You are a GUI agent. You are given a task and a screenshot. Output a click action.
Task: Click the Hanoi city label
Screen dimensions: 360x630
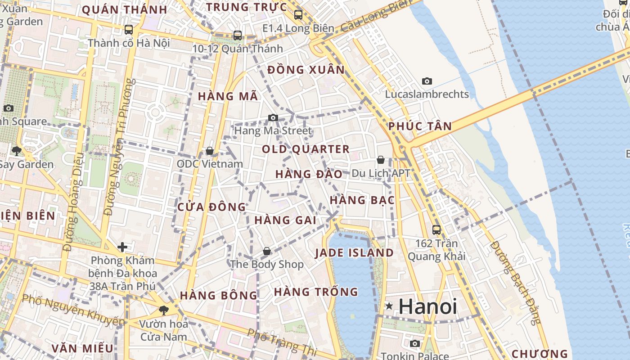click(x=427, y=307)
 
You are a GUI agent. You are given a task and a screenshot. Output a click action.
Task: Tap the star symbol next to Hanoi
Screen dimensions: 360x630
click(x=389, y=306)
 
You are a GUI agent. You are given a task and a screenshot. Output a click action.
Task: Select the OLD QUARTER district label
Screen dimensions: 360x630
click(x=306, y=149)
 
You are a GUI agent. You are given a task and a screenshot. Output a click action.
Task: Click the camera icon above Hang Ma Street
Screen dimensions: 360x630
click(x=273, y=118)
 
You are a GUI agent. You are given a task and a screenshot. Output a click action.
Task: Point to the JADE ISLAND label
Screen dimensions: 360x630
click(x=354, y=253)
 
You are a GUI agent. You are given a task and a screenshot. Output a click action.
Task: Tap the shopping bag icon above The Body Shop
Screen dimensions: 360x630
click(x=267, y=251)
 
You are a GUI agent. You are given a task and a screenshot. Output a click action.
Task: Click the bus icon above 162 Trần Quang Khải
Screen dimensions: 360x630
click(x=436, y=230)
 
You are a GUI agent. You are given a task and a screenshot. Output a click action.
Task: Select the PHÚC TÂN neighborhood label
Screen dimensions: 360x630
click(x=420, y=126)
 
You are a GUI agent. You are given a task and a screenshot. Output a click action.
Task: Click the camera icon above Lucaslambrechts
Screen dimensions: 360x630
click(x=427, y=81)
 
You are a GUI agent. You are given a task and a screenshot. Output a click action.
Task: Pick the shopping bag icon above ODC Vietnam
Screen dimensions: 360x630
click(x=209, y=151)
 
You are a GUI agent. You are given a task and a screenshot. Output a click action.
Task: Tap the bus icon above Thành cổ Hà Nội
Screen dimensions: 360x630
click(x=129, y=30)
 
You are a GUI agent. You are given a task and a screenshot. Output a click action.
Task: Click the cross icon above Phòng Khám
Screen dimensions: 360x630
click(x=122, y=247)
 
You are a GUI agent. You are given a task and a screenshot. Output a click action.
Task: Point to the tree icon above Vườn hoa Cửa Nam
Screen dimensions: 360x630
click(x=163, y=310)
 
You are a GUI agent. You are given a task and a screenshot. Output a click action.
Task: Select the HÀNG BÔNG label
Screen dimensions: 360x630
click(x=219, y=296)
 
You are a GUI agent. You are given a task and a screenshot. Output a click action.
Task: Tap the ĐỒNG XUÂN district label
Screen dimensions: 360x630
click(x=306, y=70)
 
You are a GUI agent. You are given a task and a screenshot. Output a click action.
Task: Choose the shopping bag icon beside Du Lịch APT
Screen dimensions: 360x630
click(x=380, y=160)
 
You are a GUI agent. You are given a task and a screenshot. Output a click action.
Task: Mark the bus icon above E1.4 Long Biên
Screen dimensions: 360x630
click(x=298, y=15)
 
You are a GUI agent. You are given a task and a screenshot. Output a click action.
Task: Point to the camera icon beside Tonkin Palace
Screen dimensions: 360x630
click(x=414, y=344)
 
